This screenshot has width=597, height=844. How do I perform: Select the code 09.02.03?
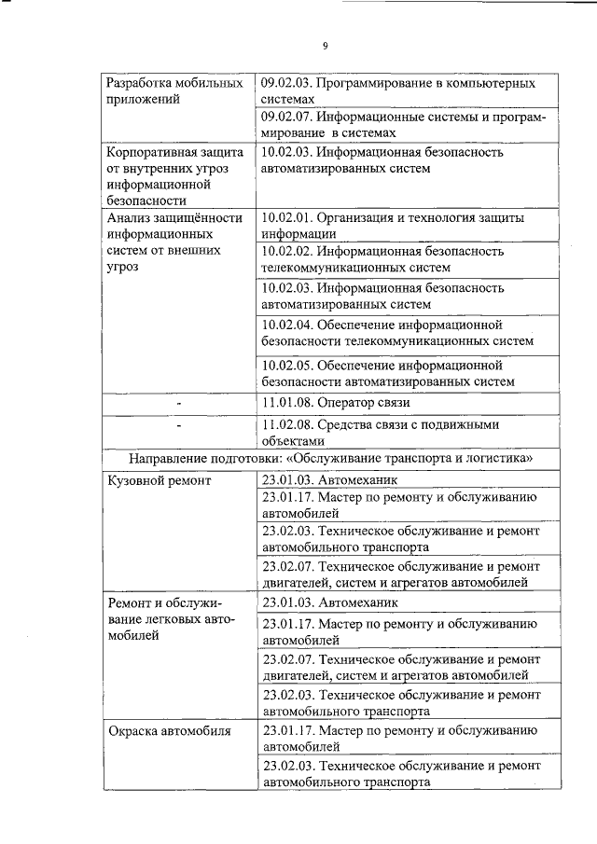pyautogui.click(x=287, y=83)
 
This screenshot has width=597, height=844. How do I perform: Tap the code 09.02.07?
pyautogui.click(x=287, y=118)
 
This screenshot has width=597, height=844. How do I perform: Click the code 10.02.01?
pyautogui.click(x=287, y=218)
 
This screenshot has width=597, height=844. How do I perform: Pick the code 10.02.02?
pyautogui.click(x=287, y=252)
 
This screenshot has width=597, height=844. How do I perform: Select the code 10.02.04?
pyautogui.click(x=287, y=325)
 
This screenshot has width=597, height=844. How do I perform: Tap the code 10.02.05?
pyautogui.click(x=287, y=365)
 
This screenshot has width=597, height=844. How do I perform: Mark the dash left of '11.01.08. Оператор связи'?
pyautogui.click(x=178, y=404)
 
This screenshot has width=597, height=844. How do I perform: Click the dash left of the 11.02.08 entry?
pyautogui.click(x=178, y=426)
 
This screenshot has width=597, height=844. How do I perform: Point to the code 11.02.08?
pyautogui.click(x=287, y=424)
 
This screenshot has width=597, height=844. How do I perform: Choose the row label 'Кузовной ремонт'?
pyautogui.click(x=160, y=480)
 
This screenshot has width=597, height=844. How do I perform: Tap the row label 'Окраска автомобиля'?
pyautogui.click(x=168, y=730)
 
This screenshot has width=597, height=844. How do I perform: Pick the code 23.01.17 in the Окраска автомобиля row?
pyautogui.click(x=287, y=730)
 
